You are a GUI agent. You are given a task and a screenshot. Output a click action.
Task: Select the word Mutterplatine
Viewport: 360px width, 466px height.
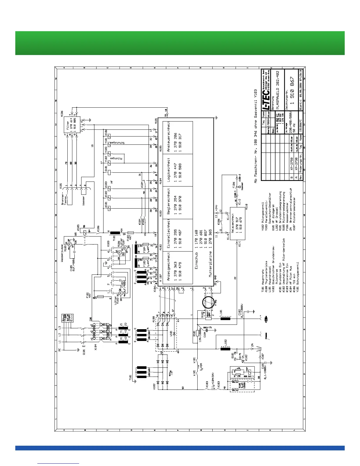(210, 264)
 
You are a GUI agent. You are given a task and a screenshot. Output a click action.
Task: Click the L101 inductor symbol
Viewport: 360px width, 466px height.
(226, 318)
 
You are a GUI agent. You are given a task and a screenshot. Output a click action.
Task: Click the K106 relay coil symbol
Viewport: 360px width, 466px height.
(109, 136)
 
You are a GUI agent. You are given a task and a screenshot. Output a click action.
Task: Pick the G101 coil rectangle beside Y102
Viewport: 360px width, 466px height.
(109, 172)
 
